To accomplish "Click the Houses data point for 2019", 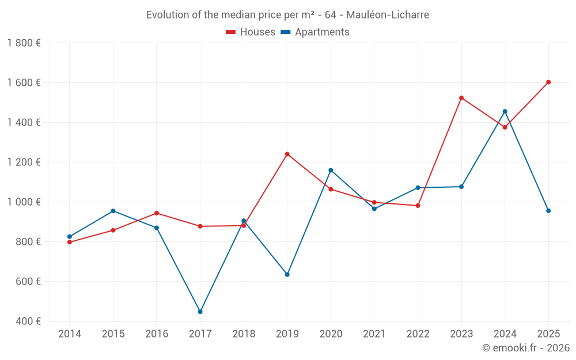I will point(287,154).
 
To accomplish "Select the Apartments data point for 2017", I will point(200,312).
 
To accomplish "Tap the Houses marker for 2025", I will point(548,82).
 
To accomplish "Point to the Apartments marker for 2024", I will point(505,111).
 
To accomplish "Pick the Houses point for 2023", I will point(461,98).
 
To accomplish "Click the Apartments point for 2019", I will point(287,274).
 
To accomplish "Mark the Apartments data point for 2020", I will point(331,170).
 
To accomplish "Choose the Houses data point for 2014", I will point(70,242).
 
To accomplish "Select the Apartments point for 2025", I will point(548,211).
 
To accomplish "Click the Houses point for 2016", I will point(157,213).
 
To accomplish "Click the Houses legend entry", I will point(251,32).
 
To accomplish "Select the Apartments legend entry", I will point(316,32).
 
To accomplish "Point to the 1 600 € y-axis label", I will point(24,82).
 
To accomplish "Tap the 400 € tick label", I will point(28,321).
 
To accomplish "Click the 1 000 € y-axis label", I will point(24,202).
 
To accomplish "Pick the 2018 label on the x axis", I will point(244,334).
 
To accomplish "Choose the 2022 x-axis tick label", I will point(418,334).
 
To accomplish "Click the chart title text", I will point(287,15).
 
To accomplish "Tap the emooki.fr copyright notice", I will point(525,348).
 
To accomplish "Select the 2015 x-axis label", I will point(113,334).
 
